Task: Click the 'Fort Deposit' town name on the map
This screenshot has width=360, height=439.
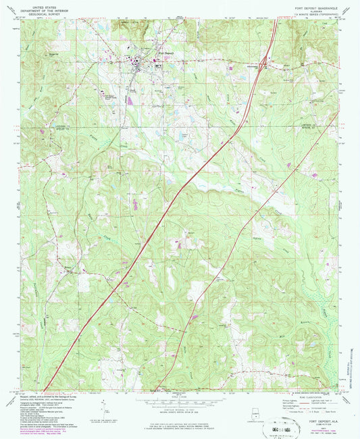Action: tap(147, 51)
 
